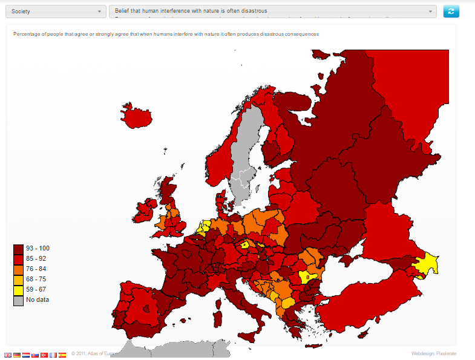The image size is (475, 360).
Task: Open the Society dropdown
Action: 54,11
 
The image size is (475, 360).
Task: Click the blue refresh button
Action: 451,11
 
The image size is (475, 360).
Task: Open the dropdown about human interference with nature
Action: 272,11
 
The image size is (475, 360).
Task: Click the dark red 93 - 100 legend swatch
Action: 18,249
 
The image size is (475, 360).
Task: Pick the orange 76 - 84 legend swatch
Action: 18,269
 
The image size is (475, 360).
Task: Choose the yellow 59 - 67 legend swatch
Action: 18,289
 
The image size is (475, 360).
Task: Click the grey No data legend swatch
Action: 18,299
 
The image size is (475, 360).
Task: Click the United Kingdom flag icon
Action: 8,355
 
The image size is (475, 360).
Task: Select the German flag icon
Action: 17,355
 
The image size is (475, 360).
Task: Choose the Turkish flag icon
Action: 44,355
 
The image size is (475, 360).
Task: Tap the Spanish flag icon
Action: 62,355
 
